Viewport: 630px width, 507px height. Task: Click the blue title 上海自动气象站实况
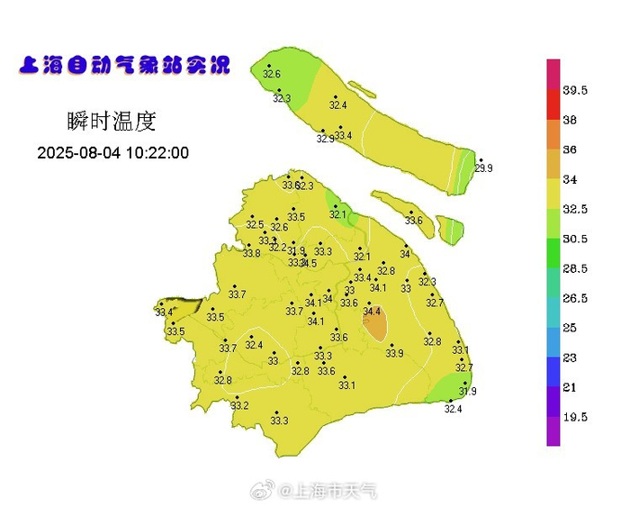click(x=123, y=66)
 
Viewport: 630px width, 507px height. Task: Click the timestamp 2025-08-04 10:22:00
click(x=113, y=153)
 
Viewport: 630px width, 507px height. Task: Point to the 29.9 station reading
click(x=484, y=168)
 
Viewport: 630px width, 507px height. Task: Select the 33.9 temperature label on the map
click(x=394, y=353)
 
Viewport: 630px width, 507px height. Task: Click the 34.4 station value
click(x=372, y=311)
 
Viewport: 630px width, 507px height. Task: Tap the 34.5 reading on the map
click(x=308, y=263)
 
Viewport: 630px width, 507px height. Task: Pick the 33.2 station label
click(x=239, y=406)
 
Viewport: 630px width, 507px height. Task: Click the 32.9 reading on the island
click(x=325, y=140)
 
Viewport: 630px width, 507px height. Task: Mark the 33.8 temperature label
click(x=251, y=254)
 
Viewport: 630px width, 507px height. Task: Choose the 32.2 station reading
click(x=278, y=248)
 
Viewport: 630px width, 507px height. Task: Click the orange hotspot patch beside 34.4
click(x=376, y=324)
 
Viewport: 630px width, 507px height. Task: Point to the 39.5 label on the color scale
click(x=575, y=90)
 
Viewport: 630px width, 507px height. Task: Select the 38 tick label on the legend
click(x=570, y=120)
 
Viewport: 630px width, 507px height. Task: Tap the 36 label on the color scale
click(x=570, y=149)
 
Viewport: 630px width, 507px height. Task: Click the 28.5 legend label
click(x=575, y=268)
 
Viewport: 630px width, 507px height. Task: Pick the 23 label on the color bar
click(x=570, y=358)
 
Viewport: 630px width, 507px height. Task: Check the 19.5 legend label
click(x=575, y=417)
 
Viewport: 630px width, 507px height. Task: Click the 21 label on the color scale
click(x=570, y=387)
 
